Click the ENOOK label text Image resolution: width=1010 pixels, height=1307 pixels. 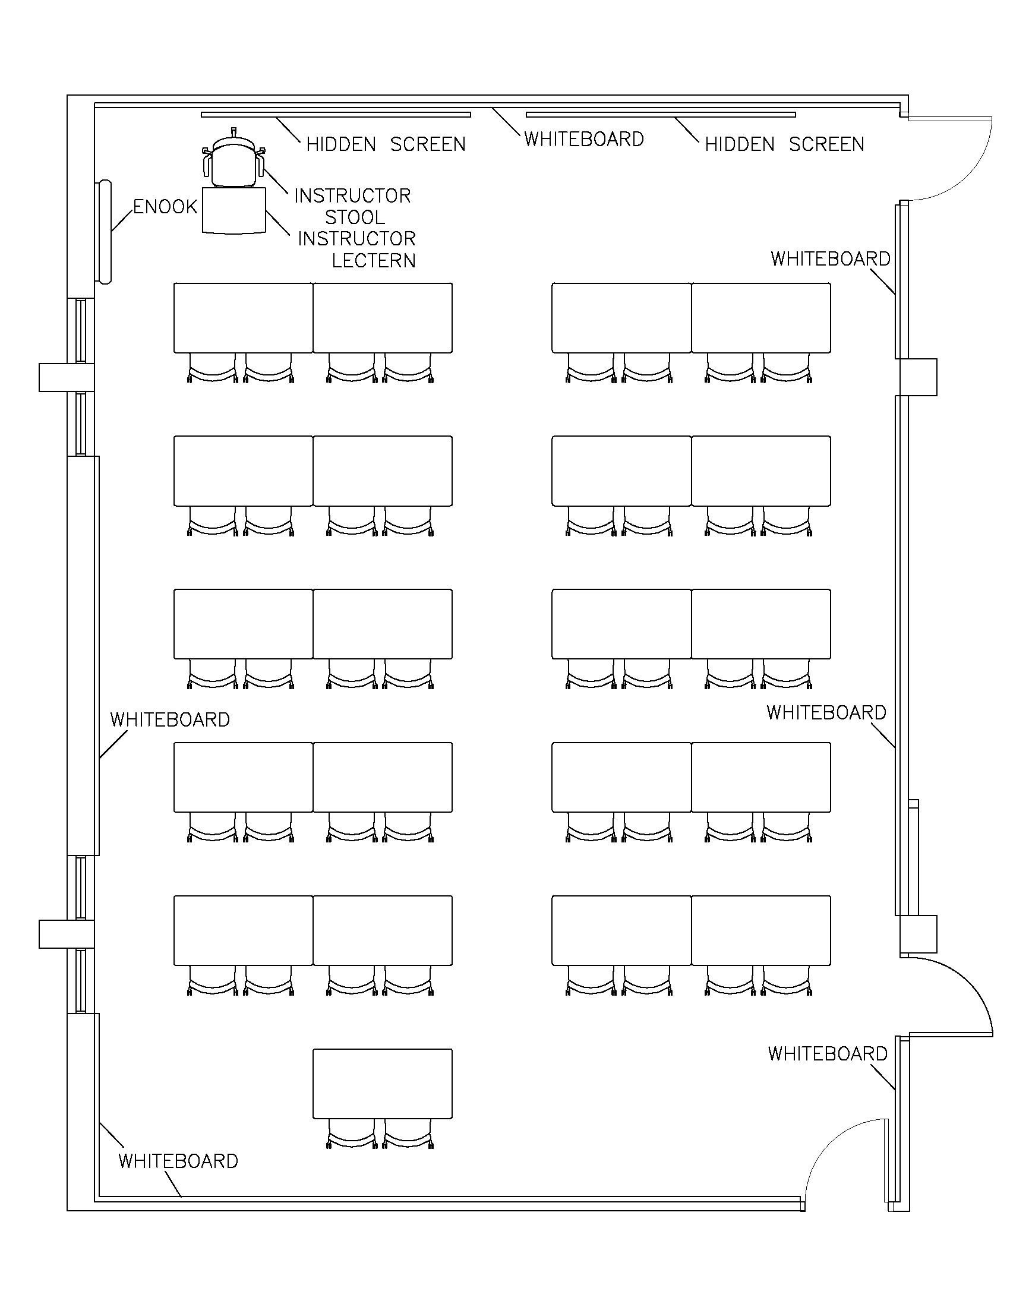coord(165,207)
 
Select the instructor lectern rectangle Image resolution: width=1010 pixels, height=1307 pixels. coord(234,210)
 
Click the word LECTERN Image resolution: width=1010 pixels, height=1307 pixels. coord(373,261)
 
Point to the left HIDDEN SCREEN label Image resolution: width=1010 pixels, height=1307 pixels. coord(386,145)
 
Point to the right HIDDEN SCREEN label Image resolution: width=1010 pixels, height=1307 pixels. coord(784,145)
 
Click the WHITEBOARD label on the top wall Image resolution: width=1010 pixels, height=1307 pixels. coord(584,140)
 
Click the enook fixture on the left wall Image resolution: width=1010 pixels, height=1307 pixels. coord(104,232)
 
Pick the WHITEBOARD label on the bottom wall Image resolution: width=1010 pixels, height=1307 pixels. coord(178,1161)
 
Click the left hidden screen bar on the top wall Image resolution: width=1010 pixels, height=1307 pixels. coord(336,114)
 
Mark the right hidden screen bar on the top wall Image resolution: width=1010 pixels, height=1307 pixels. coord(661,114)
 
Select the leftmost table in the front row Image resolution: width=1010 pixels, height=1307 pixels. coord(244,318)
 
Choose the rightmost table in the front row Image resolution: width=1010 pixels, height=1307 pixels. coord(761,318)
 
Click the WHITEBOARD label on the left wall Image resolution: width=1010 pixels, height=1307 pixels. coord(170,720)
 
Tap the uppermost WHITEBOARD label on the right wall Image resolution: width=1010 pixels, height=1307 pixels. coord(831,259)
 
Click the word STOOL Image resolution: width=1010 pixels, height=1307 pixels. coord(355,217)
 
